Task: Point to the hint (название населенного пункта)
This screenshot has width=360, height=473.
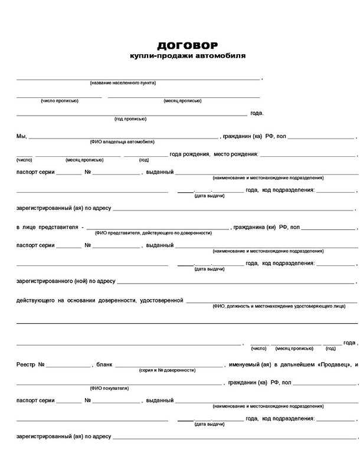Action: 123,83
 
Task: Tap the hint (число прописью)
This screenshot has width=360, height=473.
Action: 59,101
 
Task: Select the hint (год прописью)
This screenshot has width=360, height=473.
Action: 130,119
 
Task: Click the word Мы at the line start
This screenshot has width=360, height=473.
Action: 21,136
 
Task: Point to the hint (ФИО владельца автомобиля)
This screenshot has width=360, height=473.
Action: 122,142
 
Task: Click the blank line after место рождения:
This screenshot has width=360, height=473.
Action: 307,155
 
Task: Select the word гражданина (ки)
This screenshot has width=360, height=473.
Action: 255,227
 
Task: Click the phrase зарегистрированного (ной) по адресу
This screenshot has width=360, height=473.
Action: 66,281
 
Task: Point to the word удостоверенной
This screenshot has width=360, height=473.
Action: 161,301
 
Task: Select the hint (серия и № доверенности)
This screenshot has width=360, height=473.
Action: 167,370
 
